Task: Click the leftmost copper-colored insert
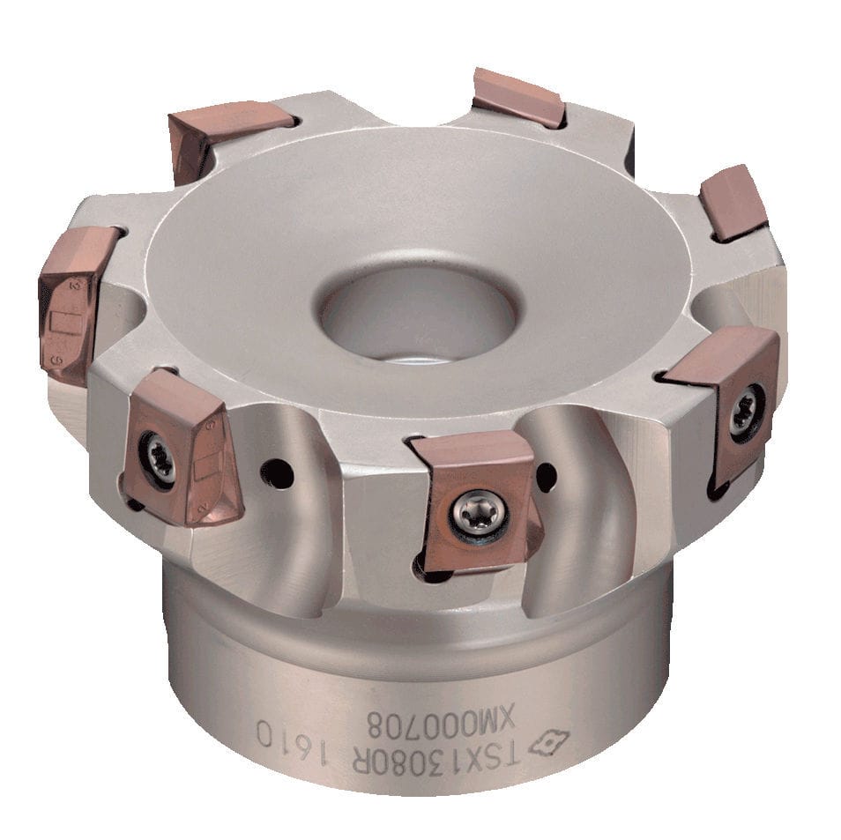[75, 300]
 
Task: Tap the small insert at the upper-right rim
[733, 202]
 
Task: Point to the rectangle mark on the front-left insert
[205, 463]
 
